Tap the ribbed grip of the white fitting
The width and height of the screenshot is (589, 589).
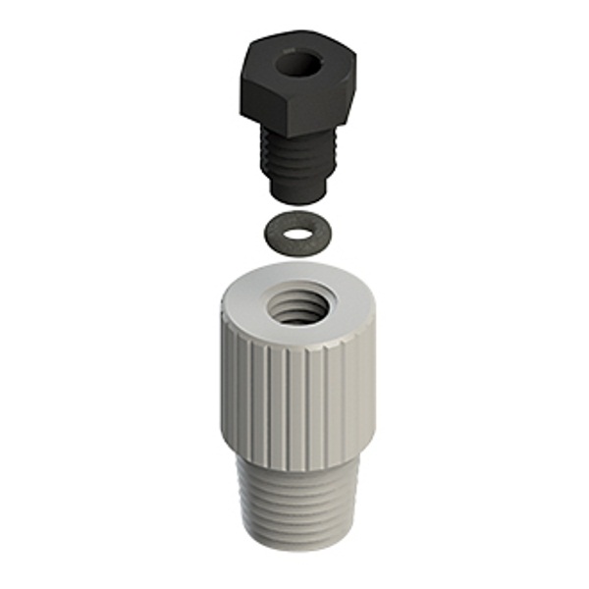pos(294,402)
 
